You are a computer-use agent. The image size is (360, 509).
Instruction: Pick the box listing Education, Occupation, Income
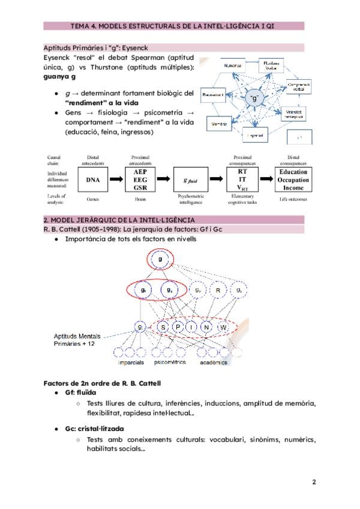click(293, 179)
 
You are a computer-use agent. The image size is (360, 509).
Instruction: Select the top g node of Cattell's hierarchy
click(160, 260)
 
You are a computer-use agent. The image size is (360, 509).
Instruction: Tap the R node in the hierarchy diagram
click(220, 291)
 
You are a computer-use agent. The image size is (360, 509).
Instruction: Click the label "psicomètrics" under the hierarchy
click(170, 363)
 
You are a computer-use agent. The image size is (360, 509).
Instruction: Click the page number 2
click(314, 482)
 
